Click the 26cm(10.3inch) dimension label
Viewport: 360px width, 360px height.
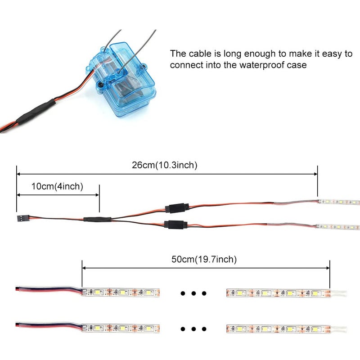click(x=164, y=165)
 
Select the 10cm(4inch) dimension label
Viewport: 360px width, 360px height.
click(x=57, y=186)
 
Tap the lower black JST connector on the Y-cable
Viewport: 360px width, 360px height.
click(x=175, y=224)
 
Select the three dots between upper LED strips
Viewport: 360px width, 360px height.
click(x=193, y=294)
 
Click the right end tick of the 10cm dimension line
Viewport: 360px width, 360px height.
click(x=99, y=195)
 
